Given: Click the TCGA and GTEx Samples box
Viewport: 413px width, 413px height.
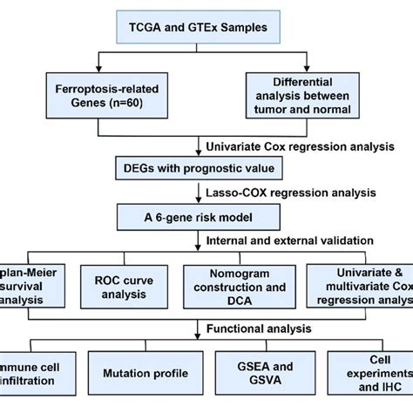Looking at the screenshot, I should pyautogui.click(x=206, y=27).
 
